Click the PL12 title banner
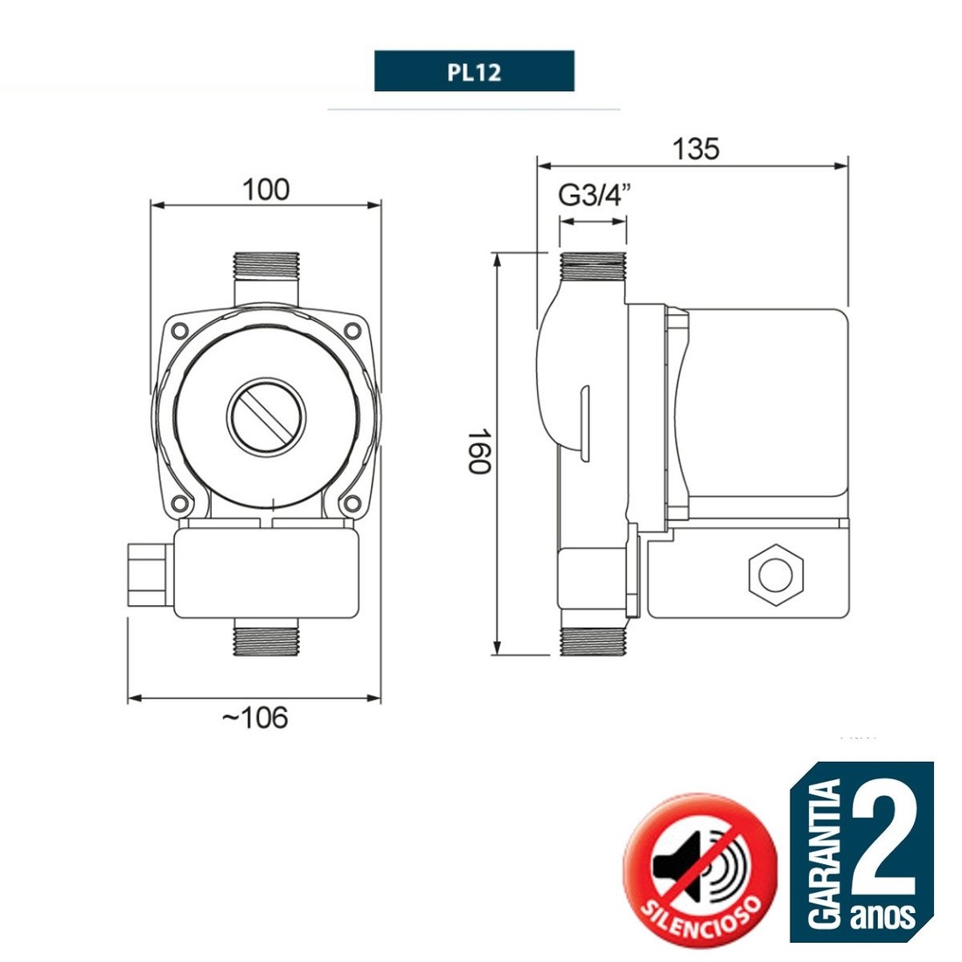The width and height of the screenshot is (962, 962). pos(474,72)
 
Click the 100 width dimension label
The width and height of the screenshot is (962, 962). pos(266,189)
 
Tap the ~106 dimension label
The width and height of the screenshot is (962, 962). pos(254,718)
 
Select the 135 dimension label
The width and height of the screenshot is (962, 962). pos(695,150)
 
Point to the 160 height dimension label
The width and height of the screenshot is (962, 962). pos(478,450)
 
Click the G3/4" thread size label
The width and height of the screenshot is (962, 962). pos(595,196)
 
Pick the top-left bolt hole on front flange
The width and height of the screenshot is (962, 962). pos(180,330)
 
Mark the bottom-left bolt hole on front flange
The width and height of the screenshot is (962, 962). pos(180,503)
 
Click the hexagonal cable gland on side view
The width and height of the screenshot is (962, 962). pos(775,575)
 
